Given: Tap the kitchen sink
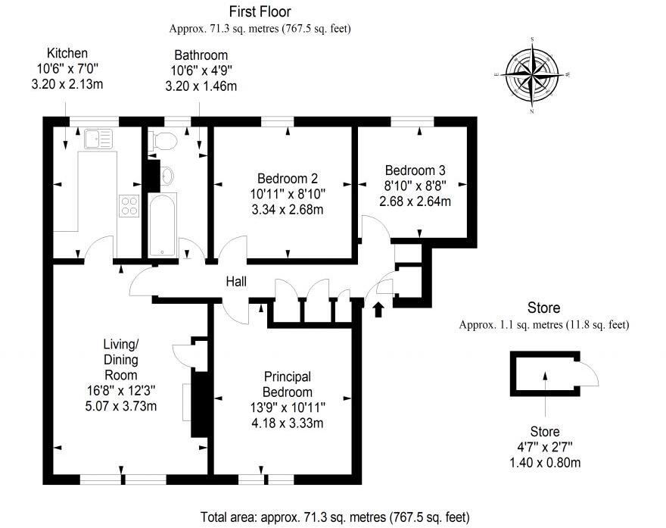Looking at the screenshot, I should click(97, 139).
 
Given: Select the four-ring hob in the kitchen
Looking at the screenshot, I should click(129, 205).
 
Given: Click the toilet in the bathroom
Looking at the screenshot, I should click(163, 139).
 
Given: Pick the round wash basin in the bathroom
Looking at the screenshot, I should click(167, 176).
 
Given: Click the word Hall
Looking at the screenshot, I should click(237, 282).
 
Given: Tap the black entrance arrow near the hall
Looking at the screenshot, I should click(378, 307).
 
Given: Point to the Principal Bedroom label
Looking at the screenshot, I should click(287, 384).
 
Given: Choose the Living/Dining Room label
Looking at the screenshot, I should click(120, 359).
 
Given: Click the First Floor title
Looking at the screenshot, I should click(260, 11).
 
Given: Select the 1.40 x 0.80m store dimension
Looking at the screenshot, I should click(543, 463).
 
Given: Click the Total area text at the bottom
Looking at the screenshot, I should click(334, 517).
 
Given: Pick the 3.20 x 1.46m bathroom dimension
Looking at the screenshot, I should click(201, 86).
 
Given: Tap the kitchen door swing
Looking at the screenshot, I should click(98, 248).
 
